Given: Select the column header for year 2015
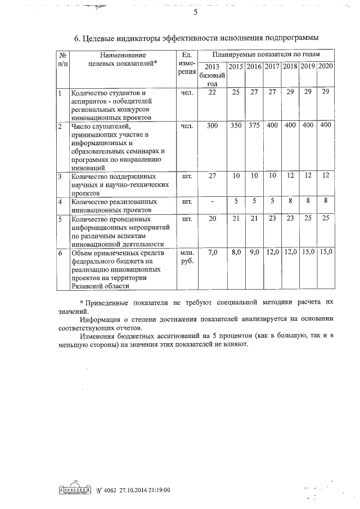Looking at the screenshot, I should [236, 67].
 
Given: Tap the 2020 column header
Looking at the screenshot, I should [326, 67].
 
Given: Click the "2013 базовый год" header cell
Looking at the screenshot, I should [212, 75].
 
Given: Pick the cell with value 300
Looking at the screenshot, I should [212, 125].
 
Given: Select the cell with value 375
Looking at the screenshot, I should [254, 125].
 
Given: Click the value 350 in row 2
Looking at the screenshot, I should [236, 125].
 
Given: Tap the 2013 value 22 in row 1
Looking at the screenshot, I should [212, 92].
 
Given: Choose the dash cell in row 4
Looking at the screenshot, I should [212, 201].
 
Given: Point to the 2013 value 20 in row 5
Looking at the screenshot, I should [212, 218].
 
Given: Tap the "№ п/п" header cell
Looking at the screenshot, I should [63, 60].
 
